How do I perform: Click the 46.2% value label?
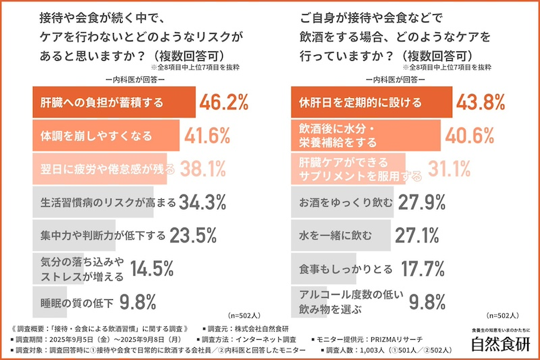(225, 103)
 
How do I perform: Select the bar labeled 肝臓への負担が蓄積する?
(114, 103)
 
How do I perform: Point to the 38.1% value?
(196, 168)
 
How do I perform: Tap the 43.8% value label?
(481, 103)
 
